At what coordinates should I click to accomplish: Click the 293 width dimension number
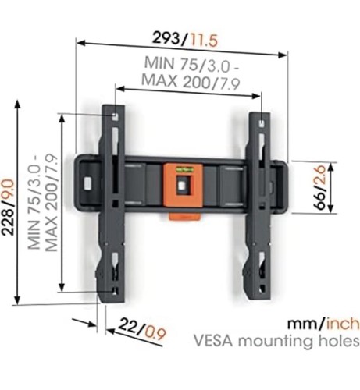[166, 38]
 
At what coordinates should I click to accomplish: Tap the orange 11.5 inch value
[204, 41]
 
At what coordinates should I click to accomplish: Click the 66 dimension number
[319, 200]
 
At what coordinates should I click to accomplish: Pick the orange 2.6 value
[319, 175]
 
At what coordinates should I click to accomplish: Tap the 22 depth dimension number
[128, 326]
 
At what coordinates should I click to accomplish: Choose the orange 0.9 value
[155, 333]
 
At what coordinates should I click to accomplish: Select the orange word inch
[343, 323]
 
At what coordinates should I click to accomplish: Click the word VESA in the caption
[213, 341]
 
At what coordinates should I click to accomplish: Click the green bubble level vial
[185, 170]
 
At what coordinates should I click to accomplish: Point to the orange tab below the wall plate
[184, 216]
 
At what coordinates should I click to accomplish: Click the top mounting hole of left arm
[115, 116]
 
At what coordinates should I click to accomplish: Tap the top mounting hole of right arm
[262, 122]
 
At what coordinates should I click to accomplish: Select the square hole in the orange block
[182, 184]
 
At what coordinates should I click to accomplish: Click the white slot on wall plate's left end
[87, 183]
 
